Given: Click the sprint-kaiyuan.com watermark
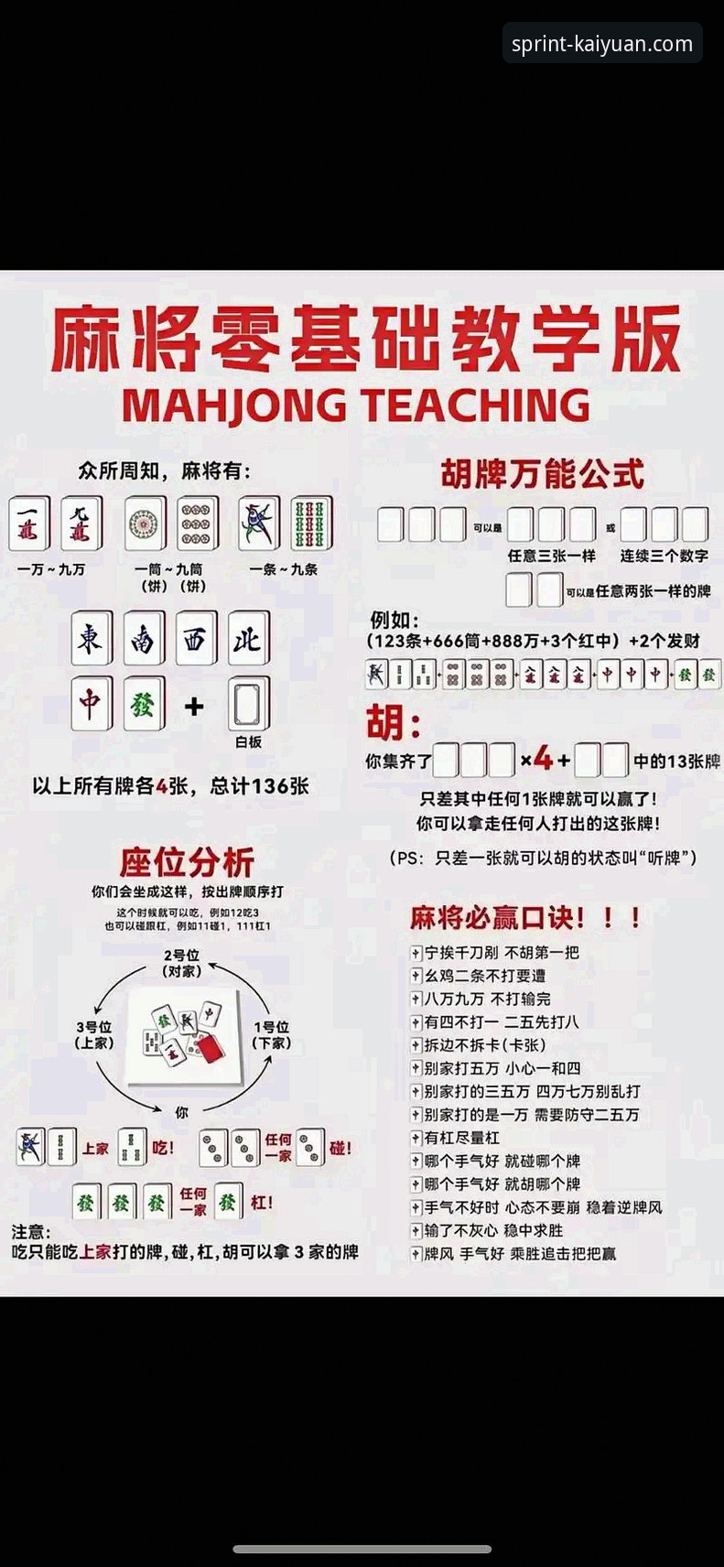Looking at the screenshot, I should (602, 44).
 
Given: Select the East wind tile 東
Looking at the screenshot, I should (92, 639).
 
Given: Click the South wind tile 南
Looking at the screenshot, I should (144, 639).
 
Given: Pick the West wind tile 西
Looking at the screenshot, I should (196, 639).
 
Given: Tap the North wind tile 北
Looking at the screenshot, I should (248, 639).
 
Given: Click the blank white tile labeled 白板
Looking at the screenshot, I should (248, 705).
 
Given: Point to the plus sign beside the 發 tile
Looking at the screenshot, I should (193, 706).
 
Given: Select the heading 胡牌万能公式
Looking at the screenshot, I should (542, 473).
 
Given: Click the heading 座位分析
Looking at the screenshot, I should (186, 862).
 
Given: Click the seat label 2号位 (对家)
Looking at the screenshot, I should (181, 963).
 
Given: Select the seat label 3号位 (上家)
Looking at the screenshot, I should (94, 1034).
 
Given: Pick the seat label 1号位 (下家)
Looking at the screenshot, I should (272, 1034).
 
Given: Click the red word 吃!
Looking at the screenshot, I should (163, 1148).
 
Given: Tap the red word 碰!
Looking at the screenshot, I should (340, 1148).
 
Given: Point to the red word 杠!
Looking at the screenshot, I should (261, 1202).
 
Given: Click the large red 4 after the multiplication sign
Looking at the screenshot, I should (544, 759).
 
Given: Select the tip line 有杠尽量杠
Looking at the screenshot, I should (461, 1138).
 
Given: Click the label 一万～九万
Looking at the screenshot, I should (51, 569).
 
